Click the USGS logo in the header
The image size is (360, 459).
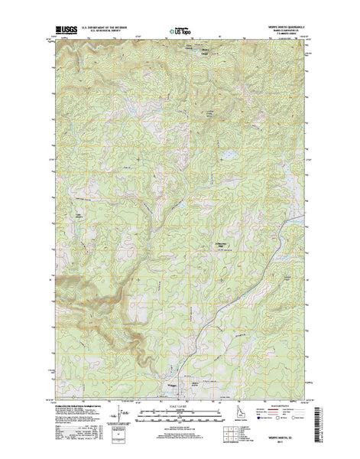pyautogui.click(x=66, y=33)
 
